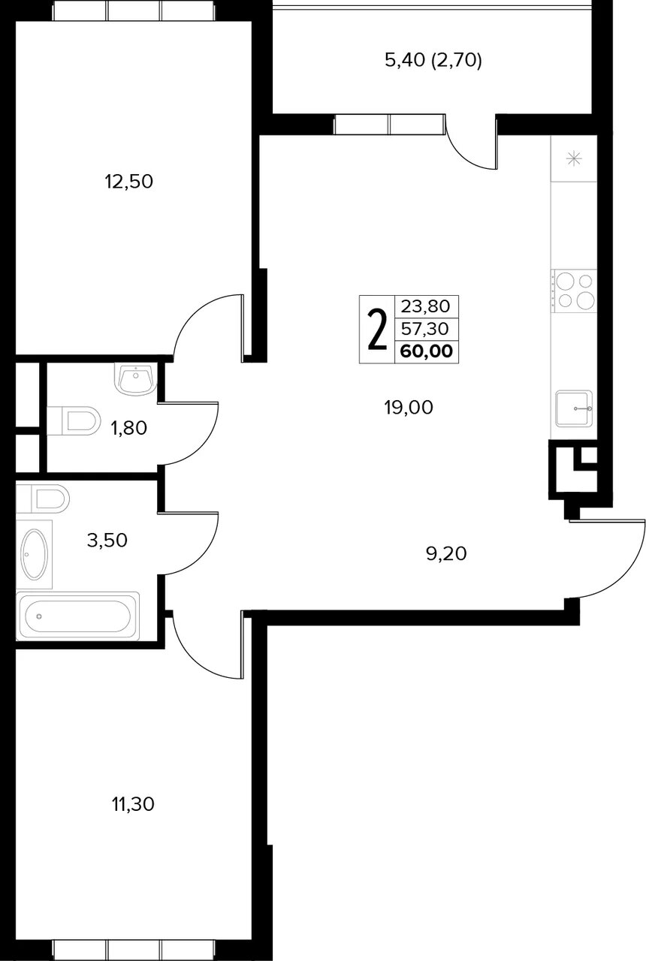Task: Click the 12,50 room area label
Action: [128, 182]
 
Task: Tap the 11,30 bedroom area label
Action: [133, 804]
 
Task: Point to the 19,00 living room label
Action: [409, 407]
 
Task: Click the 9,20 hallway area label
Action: [446, 553]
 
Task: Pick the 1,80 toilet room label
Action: [128, 428]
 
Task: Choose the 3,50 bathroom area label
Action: [107, 540]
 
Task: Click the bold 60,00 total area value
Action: [427, 351]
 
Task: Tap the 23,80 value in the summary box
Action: [425, 306]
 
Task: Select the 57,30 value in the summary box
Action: [425, 329]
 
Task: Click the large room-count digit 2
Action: [377, 330]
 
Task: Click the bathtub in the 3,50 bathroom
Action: [77, 616]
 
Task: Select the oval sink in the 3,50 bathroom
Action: [35, 554]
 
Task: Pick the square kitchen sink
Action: [574, 408]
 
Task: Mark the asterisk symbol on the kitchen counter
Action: [573, 160]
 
